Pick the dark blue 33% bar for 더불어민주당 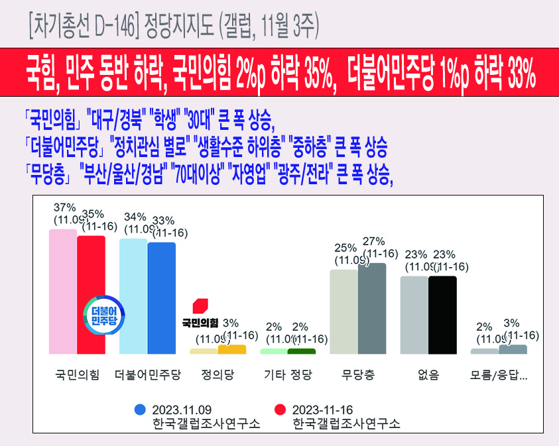161,298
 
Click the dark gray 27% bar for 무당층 371,308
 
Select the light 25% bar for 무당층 343,311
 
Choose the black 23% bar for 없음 442,315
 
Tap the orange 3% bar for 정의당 231,349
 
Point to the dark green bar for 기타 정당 302,351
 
